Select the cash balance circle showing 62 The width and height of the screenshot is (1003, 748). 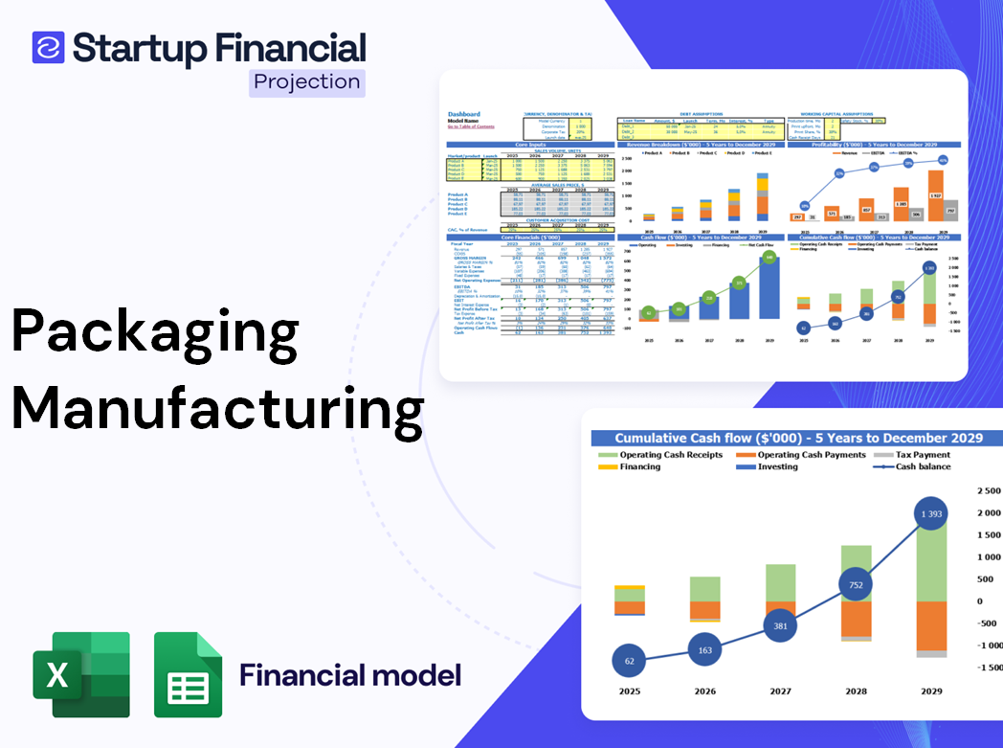coord(628,660)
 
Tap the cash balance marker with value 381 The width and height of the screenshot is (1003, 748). coord(779,626)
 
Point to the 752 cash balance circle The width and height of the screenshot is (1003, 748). coord(857,586)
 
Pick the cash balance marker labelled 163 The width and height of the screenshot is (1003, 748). coord(705,649)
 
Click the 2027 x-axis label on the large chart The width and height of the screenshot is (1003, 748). coord(780,691)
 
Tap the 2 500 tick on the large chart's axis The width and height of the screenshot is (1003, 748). coord(986,490)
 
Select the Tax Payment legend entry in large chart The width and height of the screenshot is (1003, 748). coord(923,455)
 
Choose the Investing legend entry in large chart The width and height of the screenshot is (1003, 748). coord(777,466)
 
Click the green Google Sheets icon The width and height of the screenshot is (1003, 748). coord(189,674)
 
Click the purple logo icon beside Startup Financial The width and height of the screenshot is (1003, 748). coord(48,48)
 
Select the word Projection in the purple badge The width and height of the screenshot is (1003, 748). coord(307,81)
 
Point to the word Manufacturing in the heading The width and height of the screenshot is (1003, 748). coord(217,408)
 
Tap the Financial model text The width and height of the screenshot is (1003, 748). coord(349,675)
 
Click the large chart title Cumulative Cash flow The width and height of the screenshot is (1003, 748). coord(798,438)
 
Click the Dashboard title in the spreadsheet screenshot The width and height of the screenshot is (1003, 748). coord(464,114)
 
